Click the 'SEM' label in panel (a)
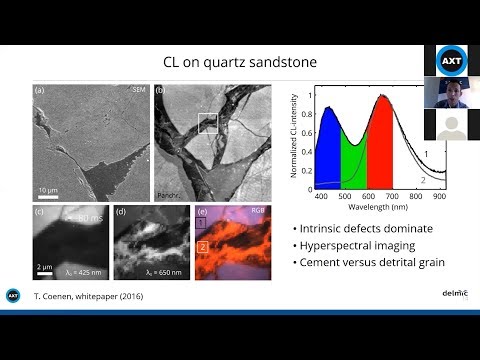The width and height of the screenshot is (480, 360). [139, 92]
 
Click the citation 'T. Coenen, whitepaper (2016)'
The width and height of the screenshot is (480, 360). [91, 297]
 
